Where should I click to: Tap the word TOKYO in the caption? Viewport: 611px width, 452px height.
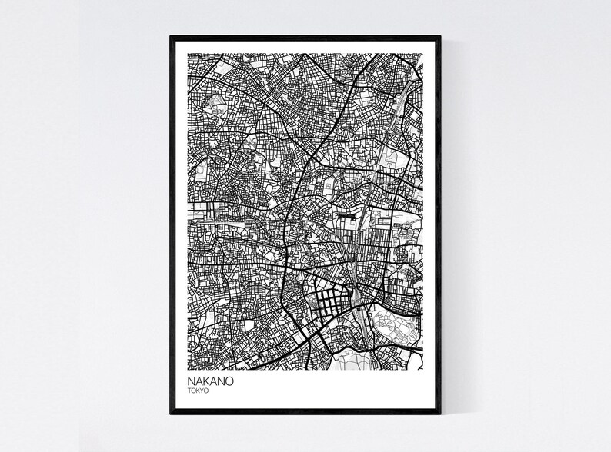pos(197,391)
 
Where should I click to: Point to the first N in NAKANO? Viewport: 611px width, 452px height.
pos(189,381)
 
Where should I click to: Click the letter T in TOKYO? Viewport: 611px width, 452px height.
pos(189,391)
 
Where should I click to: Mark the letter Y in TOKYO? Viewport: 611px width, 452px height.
pos(201,391)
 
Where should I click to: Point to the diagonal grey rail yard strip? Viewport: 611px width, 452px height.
pos(400,104)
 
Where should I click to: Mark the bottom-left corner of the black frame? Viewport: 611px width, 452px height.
pos(172,414)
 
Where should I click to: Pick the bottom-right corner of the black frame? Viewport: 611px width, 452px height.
pos(439,414)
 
